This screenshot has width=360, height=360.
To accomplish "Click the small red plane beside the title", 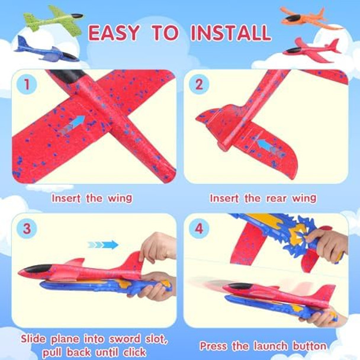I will (311, 50).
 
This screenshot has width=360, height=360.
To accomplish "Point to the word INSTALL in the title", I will (232, 33).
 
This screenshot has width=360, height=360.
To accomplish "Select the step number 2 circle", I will (199, 84).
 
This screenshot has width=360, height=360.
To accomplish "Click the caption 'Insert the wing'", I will (92, 198).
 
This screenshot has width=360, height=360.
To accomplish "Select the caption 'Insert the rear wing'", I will (263, 198).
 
